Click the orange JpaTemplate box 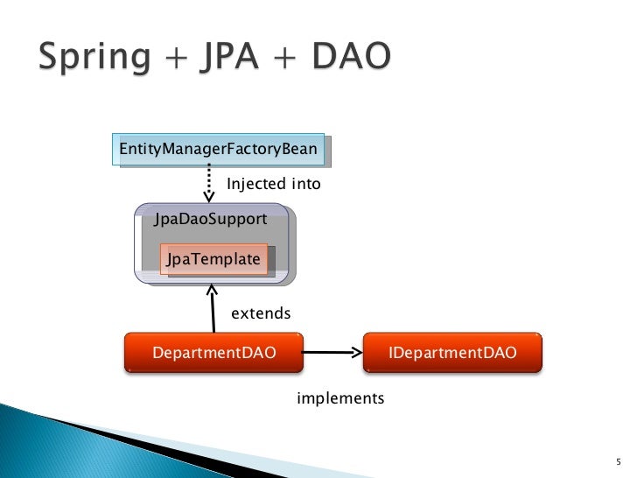pos(213,259)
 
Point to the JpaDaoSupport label pos(210,219)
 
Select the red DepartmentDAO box pos(214,353)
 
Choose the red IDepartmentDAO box pos(451,353)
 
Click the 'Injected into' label pos(274,185)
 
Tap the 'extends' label pos(261,313)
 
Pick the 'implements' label pos(340,398)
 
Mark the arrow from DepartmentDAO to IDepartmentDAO pos(332,353)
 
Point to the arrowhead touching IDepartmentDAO pos(355,353)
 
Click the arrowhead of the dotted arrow pos(209,196)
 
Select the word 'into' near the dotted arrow pos(306,185)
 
